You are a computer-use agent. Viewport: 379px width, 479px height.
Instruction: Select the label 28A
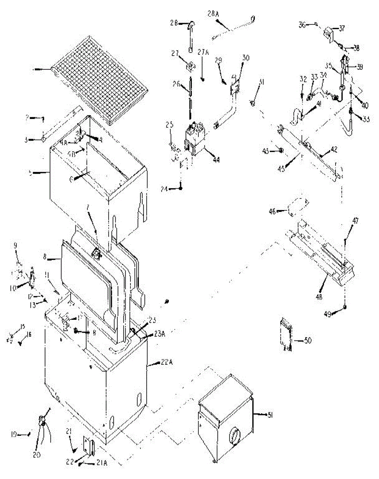(x=214, y=14)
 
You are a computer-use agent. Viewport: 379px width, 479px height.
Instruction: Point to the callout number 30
(x=245, y=57)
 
